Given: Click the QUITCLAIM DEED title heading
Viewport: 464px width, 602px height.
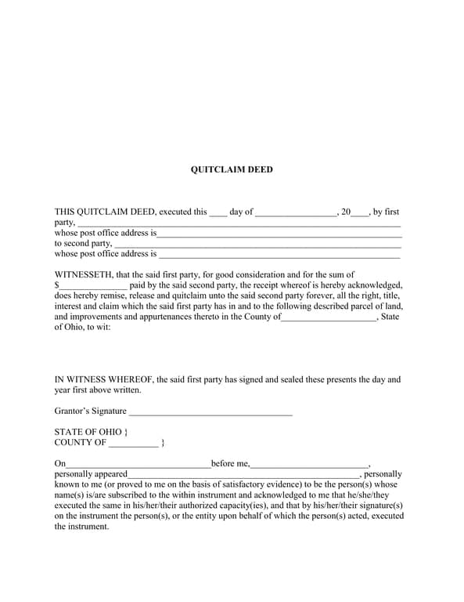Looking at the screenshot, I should click(x=232, y=169).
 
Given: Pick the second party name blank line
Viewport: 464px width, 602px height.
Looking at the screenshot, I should click(x=257, y=245).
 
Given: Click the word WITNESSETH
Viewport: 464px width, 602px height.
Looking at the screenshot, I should click(x=82, y=275).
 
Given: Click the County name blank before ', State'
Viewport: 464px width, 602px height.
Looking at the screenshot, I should click(x=328, y=317).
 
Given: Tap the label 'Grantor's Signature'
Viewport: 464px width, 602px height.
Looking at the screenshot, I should click(x=90, y=411).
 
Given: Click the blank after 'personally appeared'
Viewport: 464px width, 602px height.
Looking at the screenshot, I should click(x=243, y=475).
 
